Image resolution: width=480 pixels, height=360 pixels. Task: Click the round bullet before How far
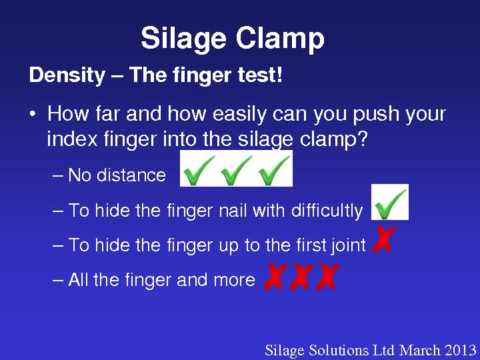(x=33, y=114)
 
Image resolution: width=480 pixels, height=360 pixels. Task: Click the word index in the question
(x=72, y=139)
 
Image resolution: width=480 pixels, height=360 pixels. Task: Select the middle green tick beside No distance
(x=237, y=170)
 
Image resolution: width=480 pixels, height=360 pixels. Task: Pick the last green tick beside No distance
(x=274, y=170)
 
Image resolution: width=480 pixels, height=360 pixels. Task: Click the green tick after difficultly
(x=390, y=203)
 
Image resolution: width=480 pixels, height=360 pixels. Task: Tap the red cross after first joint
(x=383, y=239)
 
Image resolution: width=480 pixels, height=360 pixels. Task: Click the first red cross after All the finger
(x=275, y=277)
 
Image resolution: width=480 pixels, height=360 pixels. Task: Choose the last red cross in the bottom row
(x=327, y=277)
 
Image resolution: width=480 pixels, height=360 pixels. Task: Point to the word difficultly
(x=327, y=211)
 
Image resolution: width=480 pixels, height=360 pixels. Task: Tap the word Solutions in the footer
(x=339, y=350)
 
